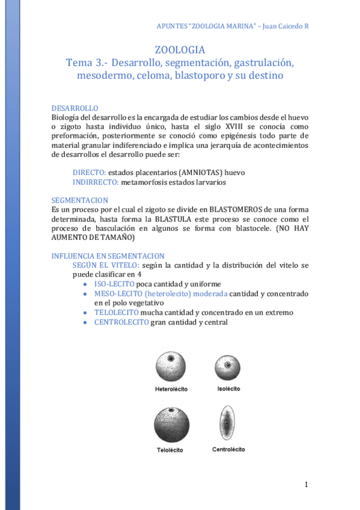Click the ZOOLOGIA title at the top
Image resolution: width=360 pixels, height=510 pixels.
tap(180, 50)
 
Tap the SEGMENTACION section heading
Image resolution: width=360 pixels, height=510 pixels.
tap(80, 200)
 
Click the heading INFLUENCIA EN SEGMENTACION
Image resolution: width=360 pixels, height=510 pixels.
tap(108, 256)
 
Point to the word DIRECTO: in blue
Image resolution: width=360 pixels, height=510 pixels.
tap(89, 173)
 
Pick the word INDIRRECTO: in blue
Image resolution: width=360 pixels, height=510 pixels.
tap(96, 182)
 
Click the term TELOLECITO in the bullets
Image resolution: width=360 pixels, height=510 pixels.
tap(117, 312)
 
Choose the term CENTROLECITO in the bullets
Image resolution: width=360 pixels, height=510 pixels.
tap(121, 322)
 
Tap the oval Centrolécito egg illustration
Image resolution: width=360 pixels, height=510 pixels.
tap(228, 423)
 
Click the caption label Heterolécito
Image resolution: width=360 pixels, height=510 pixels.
tap(171, 389)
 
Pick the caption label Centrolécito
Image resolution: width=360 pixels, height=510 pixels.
tap(228, 449)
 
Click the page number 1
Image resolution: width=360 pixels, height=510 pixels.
tap(306, 485)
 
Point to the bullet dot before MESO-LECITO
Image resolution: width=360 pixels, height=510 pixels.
tap(88, 293)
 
